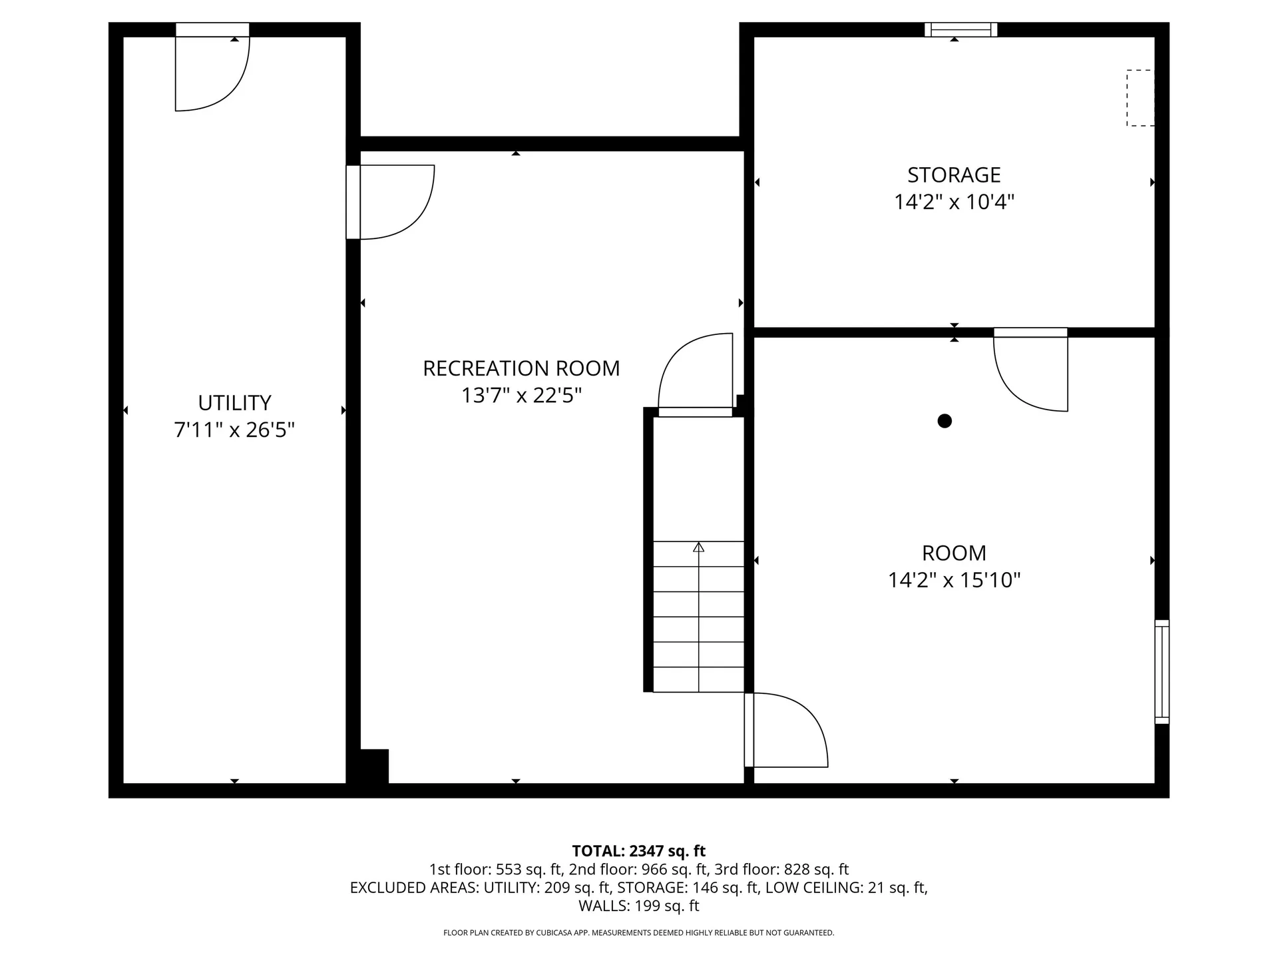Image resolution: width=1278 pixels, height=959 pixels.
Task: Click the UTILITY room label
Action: coord(234,403)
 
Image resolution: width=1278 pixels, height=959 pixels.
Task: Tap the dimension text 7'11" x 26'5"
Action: coord(234,430)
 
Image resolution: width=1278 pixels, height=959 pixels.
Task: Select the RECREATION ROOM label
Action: coord(521,368)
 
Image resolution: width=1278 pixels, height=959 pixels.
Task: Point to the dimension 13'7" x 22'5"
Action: coord(521,396)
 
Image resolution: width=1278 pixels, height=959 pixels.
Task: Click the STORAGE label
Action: coord(954,174)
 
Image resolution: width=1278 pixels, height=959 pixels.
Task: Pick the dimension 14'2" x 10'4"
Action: coord(954,202)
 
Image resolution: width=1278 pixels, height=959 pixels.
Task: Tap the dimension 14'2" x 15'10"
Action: coord(954,580)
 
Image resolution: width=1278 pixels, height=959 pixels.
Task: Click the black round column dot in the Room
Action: coord(944,421)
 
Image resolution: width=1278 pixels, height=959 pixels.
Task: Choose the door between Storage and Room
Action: coord(1030,370)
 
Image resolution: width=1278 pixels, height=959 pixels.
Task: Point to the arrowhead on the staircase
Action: coord(698,547)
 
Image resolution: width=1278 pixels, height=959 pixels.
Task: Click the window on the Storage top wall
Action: coord(960,29)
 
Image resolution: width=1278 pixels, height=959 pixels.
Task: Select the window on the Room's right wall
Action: coord(1162,671)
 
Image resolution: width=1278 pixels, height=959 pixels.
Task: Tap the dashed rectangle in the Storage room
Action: coord(1140,98)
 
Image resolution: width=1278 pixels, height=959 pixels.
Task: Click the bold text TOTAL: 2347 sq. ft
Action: coord(638,850)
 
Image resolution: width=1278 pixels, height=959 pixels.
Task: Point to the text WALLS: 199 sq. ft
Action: coord(638,906)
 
